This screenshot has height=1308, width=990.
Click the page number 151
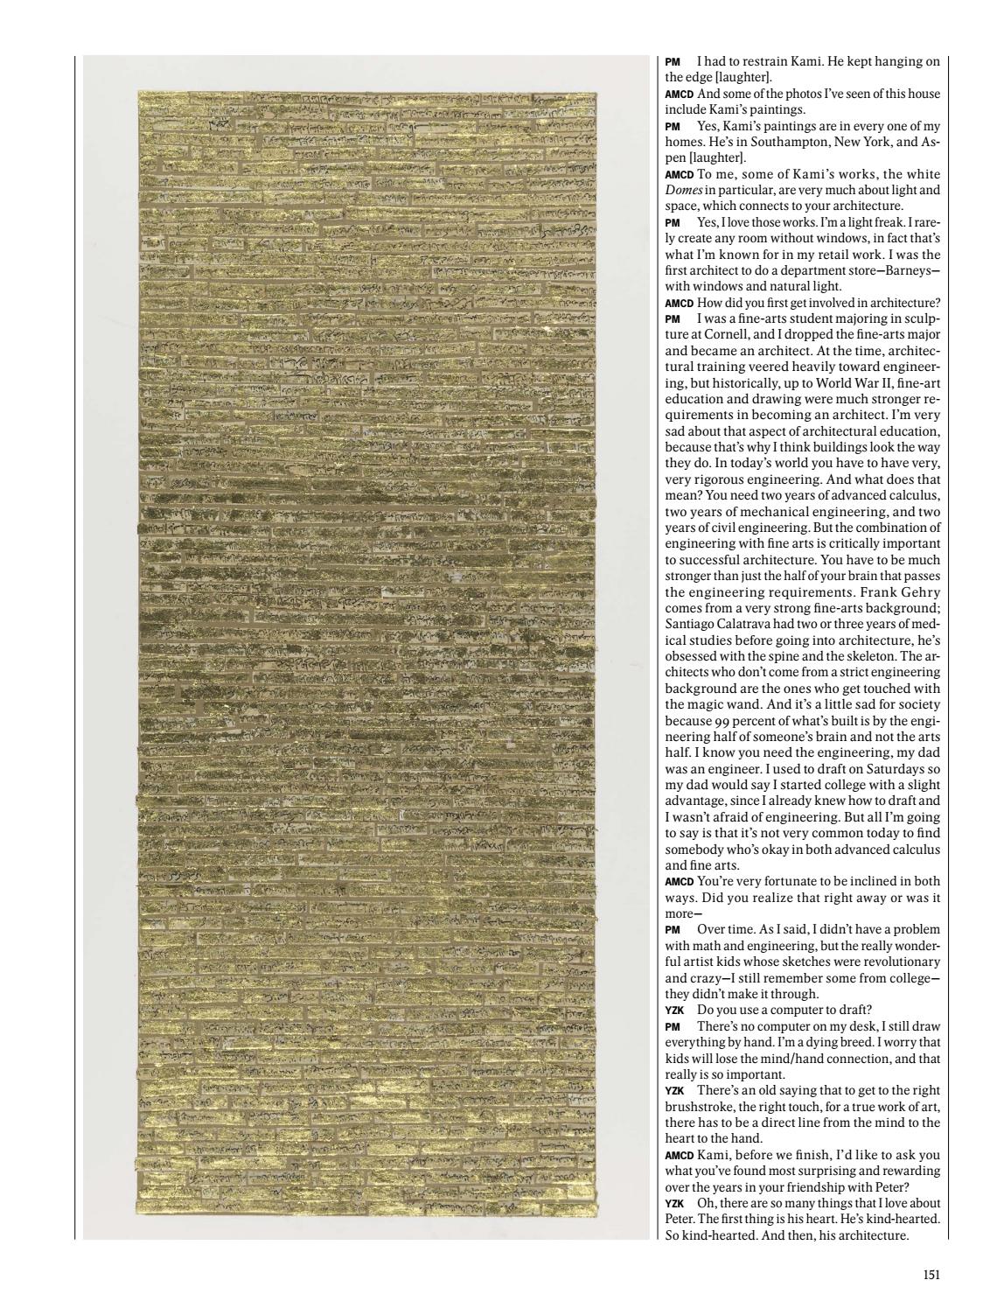[931, 1275]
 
